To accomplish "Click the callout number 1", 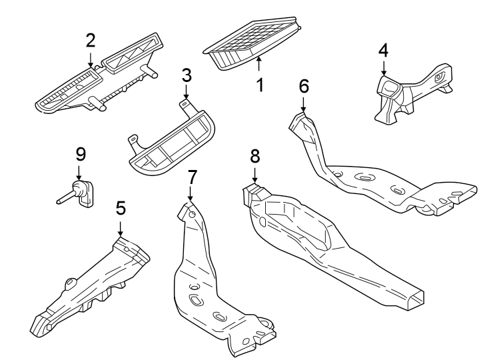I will click(260, 85).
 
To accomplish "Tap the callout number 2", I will click(91, 39).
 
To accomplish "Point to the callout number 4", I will click(383, 50).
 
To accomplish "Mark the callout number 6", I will click(304, 85).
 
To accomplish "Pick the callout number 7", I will click(192, 177).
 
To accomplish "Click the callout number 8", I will click(254, 156).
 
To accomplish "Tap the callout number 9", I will click(81, 155).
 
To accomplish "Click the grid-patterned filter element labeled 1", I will click(253, 43).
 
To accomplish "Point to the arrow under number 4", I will click(384, 68).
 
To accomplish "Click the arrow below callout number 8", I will click(254, 175).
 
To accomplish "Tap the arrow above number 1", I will click(260, 65).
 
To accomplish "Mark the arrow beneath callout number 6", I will click(304, 105).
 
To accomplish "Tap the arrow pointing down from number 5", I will click(120, 229).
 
